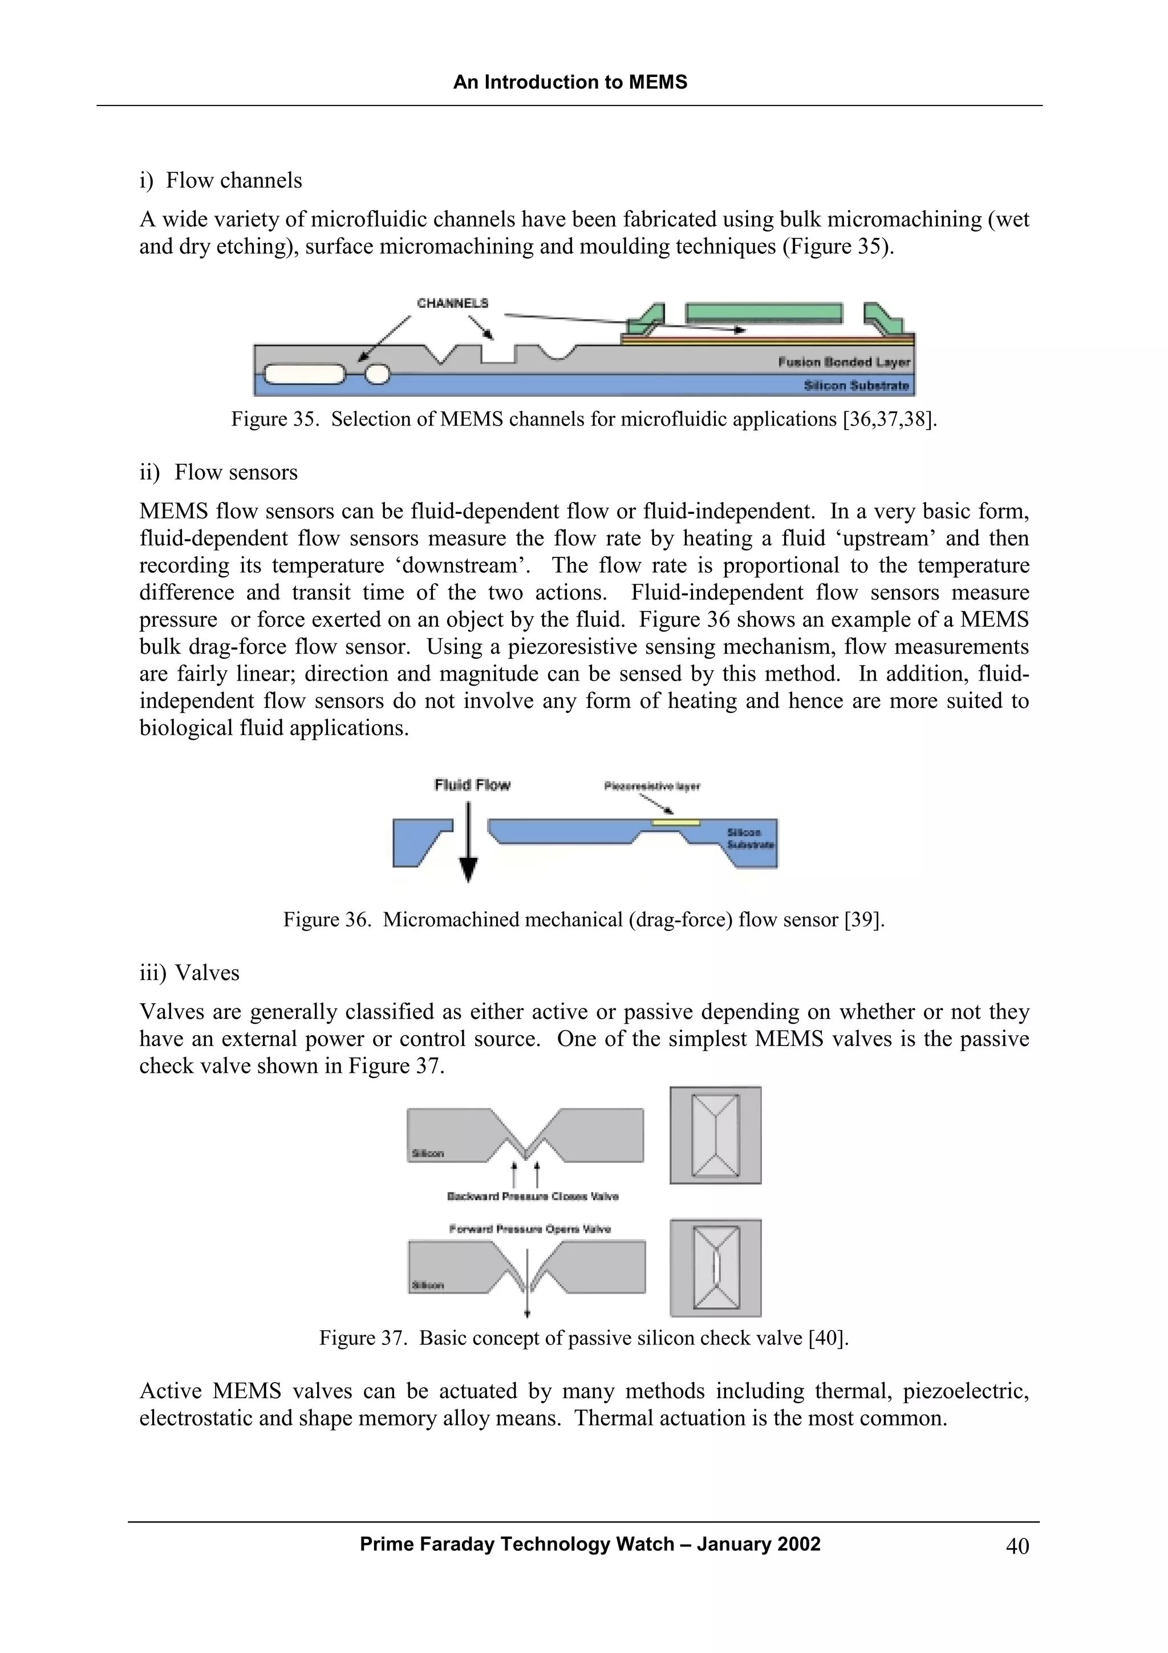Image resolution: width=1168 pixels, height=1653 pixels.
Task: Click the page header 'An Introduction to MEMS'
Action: point(570,82)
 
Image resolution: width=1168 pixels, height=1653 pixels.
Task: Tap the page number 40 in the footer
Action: point(1017,1546)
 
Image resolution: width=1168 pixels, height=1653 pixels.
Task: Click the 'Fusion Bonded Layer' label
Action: point(843,362)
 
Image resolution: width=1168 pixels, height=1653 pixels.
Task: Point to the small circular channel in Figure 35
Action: point(378,374)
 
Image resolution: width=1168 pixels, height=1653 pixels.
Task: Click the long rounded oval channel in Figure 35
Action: point(305,374)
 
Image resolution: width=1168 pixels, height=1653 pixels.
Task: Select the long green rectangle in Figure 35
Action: point(764,313)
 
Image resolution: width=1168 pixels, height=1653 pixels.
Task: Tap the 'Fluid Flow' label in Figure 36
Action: point(472,785)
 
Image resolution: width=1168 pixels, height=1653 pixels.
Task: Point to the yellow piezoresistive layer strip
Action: point(675,822)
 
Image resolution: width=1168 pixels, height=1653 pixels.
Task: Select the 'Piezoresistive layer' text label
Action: point(652,786)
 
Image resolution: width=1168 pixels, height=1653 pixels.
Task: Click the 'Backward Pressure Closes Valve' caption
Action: point(533,1197)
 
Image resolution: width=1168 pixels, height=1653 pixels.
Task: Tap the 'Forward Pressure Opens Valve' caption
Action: point(530,1229)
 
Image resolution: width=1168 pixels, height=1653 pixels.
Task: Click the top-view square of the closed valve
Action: point(715,1135)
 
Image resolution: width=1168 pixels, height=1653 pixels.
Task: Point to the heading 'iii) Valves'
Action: point(189,973)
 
